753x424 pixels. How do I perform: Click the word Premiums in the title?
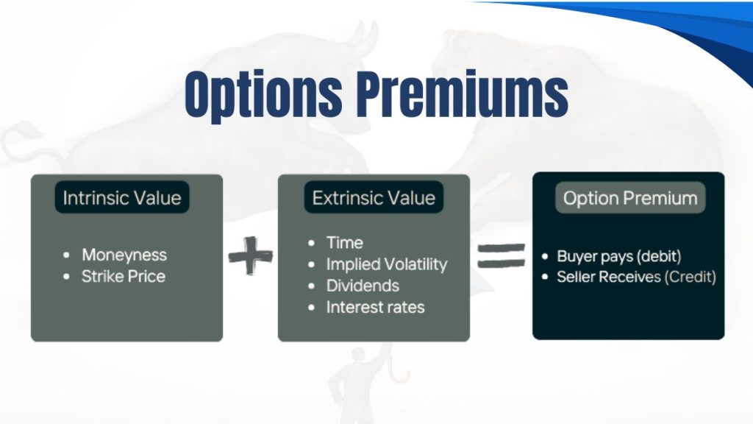click(x=459, y=95)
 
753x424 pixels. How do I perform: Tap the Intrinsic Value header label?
click(x=121, y=198)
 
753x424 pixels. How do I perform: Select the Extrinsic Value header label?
click(x=374, y=198)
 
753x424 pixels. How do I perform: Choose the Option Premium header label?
click(x=630, y=198)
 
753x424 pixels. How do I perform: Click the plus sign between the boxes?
click(x=250, y=257)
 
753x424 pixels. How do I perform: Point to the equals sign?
click(x=502, y=257)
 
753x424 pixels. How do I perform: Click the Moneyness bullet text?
click(x=124, y=255)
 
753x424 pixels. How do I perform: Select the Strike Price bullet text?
click(x=124, y=277)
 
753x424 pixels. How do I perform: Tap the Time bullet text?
click(x=345, y=242)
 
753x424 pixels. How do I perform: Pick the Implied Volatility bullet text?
click(x=387, y=264)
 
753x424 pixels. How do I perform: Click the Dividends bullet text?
click(x=363, y=286)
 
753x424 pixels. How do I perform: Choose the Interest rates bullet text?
click(x=375, y=307)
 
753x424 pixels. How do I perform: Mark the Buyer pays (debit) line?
click(x=618, y=256)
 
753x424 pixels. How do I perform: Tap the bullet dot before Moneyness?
click(x=67, y=255)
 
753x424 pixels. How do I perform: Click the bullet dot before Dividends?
click(x=312, y=286)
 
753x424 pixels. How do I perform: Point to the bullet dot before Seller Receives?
click(x=544, y=278)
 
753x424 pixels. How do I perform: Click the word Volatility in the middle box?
click(x=415, y=264)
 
